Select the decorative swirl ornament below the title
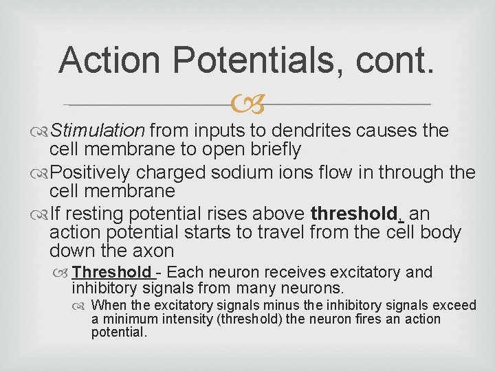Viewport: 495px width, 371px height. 247,105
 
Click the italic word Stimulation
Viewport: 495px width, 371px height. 97,131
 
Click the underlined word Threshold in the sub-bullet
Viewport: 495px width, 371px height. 111,273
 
